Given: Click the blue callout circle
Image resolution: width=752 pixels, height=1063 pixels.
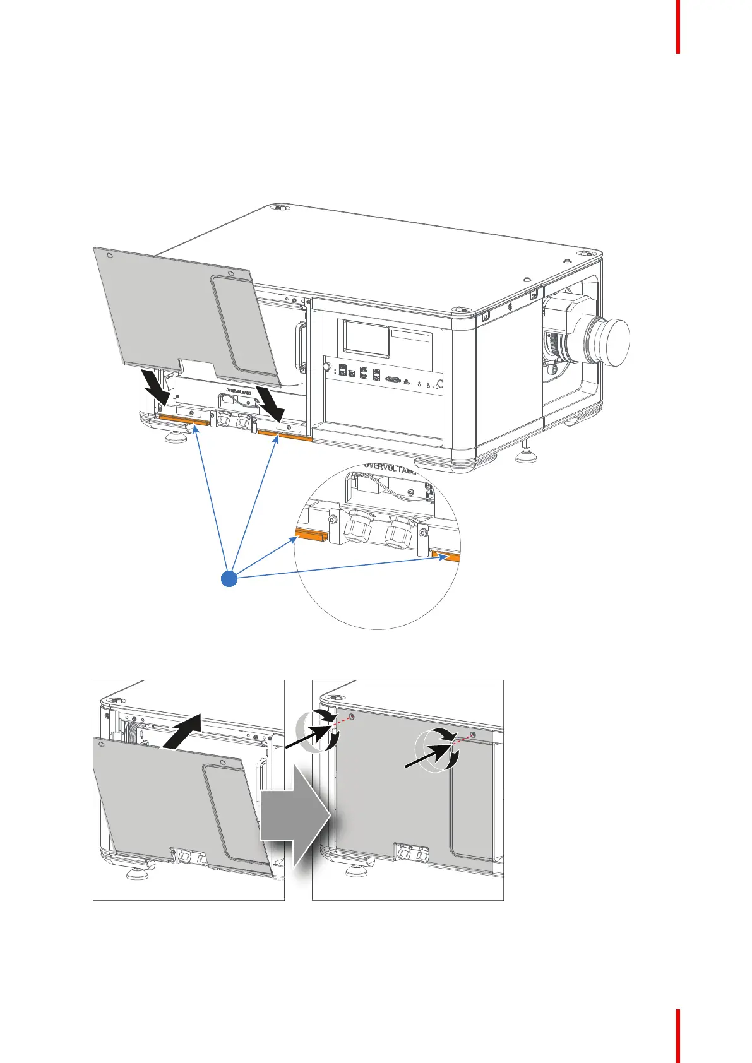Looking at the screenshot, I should (230, 578).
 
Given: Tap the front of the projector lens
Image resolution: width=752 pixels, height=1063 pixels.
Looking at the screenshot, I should (610, 343).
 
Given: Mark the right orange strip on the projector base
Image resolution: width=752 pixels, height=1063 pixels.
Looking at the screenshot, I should (285, 436).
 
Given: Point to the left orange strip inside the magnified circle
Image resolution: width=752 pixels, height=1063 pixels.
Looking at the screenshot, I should (312, 537).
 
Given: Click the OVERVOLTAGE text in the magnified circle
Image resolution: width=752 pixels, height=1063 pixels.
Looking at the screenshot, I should (390, 469).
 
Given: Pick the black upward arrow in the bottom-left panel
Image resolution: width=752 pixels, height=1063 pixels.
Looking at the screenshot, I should (182, 730).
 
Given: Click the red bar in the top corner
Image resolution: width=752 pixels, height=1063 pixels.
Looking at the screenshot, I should (678, 26).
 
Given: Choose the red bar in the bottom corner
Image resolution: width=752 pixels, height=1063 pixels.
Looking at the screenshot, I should (678, 1035).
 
